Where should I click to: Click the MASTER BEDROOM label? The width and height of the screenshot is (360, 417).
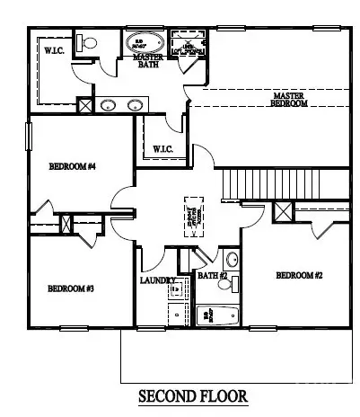click(289, 99)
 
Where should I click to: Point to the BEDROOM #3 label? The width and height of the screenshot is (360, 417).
click(71, 288)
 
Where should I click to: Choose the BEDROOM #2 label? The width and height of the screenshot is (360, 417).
click(299, 275)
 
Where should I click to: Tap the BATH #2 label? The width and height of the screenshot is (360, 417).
click(212, 276)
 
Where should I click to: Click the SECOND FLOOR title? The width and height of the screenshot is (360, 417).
click(192, 395)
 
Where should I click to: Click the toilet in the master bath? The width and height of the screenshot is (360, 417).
click(87, 42)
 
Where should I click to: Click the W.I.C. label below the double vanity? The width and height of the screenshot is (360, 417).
click(162, 148)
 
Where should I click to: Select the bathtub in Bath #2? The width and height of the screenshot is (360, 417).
click(214, 316)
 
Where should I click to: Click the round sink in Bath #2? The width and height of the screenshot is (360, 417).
click(231, 261)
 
